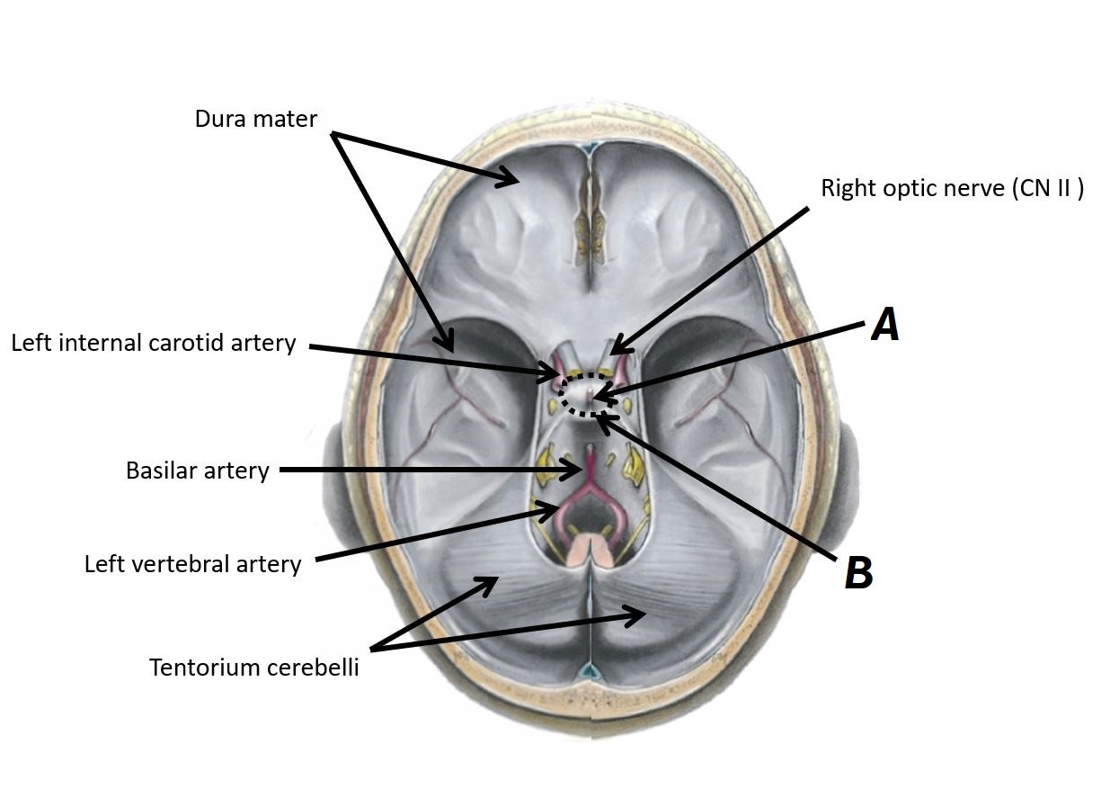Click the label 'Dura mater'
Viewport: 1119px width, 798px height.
255,118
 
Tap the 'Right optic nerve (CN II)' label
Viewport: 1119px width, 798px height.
952,188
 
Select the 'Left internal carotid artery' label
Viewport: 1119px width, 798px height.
153,343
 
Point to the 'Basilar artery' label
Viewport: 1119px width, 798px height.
197,471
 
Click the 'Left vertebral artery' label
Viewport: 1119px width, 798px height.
192,564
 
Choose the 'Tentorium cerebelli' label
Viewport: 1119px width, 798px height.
253,668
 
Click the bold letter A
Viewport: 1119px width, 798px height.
885,325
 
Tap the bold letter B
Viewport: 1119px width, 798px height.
858,573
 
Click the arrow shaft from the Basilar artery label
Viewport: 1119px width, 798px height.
422,470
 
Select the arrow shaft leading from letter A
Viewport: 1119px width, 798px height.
737,358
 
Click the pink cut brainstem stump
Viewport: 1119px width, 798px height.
591,548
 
